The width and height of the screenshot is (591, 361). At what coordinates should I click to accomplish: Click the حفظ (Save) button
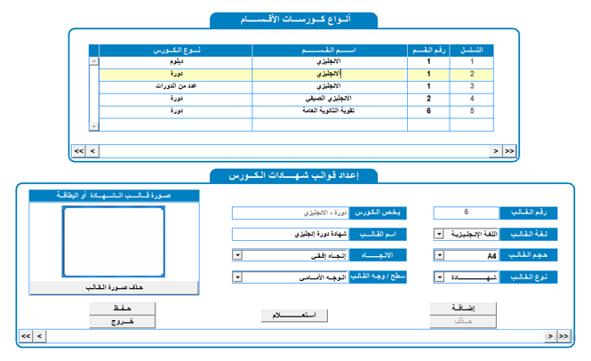pyautogui.click(x=123, y=308)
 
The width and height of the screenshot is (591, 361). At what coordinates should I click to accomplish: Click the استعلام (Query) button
pyautogui.click(x=293, y=315)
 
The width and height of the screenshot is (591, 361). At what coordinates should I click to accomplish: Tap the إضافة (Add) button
pyautogui.click(x=463, y=308)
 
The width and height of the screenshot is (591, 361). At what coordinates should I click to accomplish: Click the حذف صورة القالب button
pyautogui.click(x=114, y=287)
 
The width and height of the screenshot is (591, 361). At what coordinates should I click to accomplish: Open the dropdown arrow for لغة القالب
pyautogui.click(x=439, y=235)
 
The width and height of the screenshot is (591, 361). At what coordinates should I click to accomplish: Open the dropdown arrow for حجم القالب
pyautogui.click(x=439, y=256)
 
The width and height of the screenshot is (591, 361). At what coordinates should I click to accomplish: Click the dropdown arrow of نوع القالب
pyautogui.click(x=439, y=277)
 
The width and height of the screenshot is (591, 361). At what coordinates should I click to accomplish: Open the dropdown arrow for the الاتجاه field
pyautogui.click(x=236, y=256)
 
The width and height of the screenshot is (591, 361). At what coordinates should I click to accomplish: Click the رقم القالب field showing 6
pyautogui.click(x=466, y=213)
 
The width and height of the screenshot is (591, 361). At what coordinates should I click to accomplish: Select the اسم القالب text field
pyautogui.click(x=290, y=235)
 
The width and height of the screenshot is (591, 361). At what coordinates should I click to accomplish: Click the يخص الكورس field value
pyautogui.click(x=290, y=213)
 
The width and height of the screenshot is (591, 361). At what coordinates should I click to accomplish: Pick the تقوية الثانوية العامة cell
pyautogui.click(x=330, y=111)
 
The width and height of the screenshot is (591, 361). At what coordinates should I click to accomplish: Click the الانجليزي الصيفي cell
pyautogui.click(x=330, y=99)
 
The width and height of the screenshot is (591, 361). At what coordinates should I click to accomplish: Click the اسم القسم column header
pyautogui.click(x=330, y=50)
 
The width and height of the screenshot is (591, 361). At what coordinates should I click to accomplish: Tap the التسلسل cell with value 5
pyautogui.click(x=472, y=111)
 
